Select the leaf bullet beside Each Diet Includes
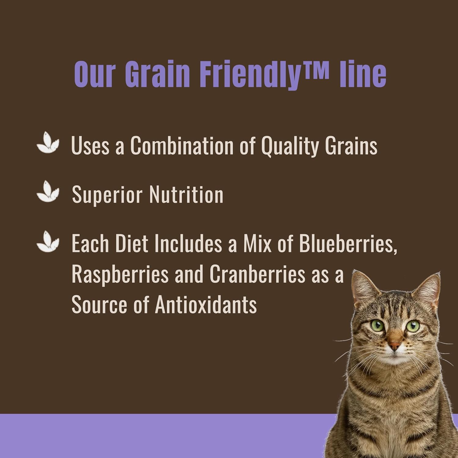click(x=48, y=242)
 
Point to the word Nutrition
click(x=186, y=194)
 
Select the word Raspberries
click(x=120, y=275)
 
